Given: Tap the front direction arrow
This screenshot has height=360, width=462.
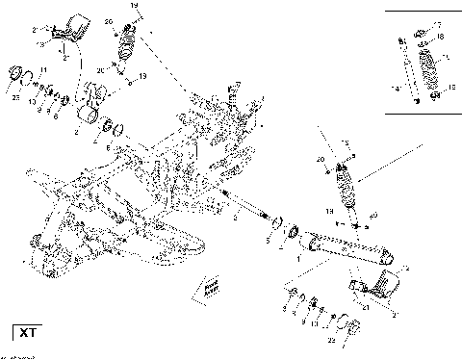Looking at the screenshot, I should point(206,286).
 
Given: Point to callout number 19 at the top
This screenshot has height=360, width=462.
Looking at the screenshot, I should point(134,7).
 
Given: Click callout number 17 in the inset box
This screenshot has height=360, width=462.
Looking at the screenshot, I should point(437,23).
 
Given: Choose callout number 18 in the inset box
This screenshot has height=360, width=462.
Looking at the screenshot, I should point(440,37).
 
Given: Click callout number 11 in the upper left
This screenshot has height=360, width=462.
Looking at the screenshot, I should point(42,84).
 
